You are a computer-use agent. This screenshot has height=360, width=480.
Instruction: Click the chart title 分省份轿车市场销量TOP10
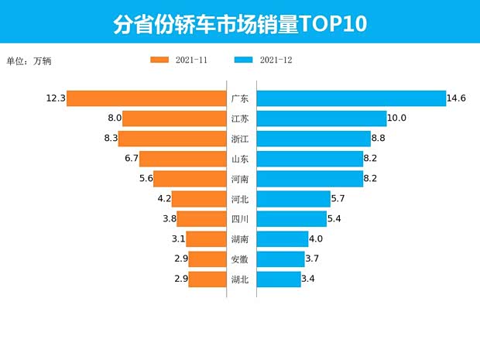point(240,24)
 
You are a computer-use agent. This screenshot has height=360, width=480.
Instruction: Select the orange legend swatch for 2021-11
point(160,60)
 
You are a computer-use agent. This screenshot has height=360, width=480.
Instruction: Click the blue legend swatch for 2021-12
point(244,60)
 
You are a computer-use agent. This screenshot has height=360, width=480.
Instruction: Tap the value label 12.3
point(55,98)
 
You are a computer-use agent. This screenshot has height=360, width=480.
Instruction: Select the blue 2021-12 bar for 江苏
point(321,118)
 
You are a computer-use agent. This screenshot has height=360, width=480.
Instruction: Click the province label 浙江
point(240,139)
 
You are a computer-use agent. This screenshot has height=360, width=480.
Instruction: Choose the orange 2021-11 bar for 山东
point(182,159)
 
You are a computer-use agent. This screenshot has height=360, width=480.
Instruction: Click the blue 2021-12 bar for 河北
point(293,199)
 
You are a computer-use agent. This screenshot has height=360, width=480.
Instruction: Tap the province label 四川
point(240,219)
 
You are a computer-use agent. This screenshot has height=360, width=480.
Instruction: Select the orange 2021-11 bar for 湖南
point(205,239)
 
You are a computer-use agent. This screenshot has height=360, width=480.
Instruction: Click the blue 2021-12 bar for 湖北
point(279,279)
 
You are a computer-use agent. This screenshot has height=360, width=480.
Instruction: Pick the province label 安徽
point(240,259)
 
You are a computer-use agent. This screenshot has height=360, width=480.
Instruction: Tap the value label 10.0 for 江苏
point(397,118)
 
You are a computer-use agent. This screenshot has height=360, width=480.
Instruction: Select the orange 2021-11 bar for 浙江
point(171,139)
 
